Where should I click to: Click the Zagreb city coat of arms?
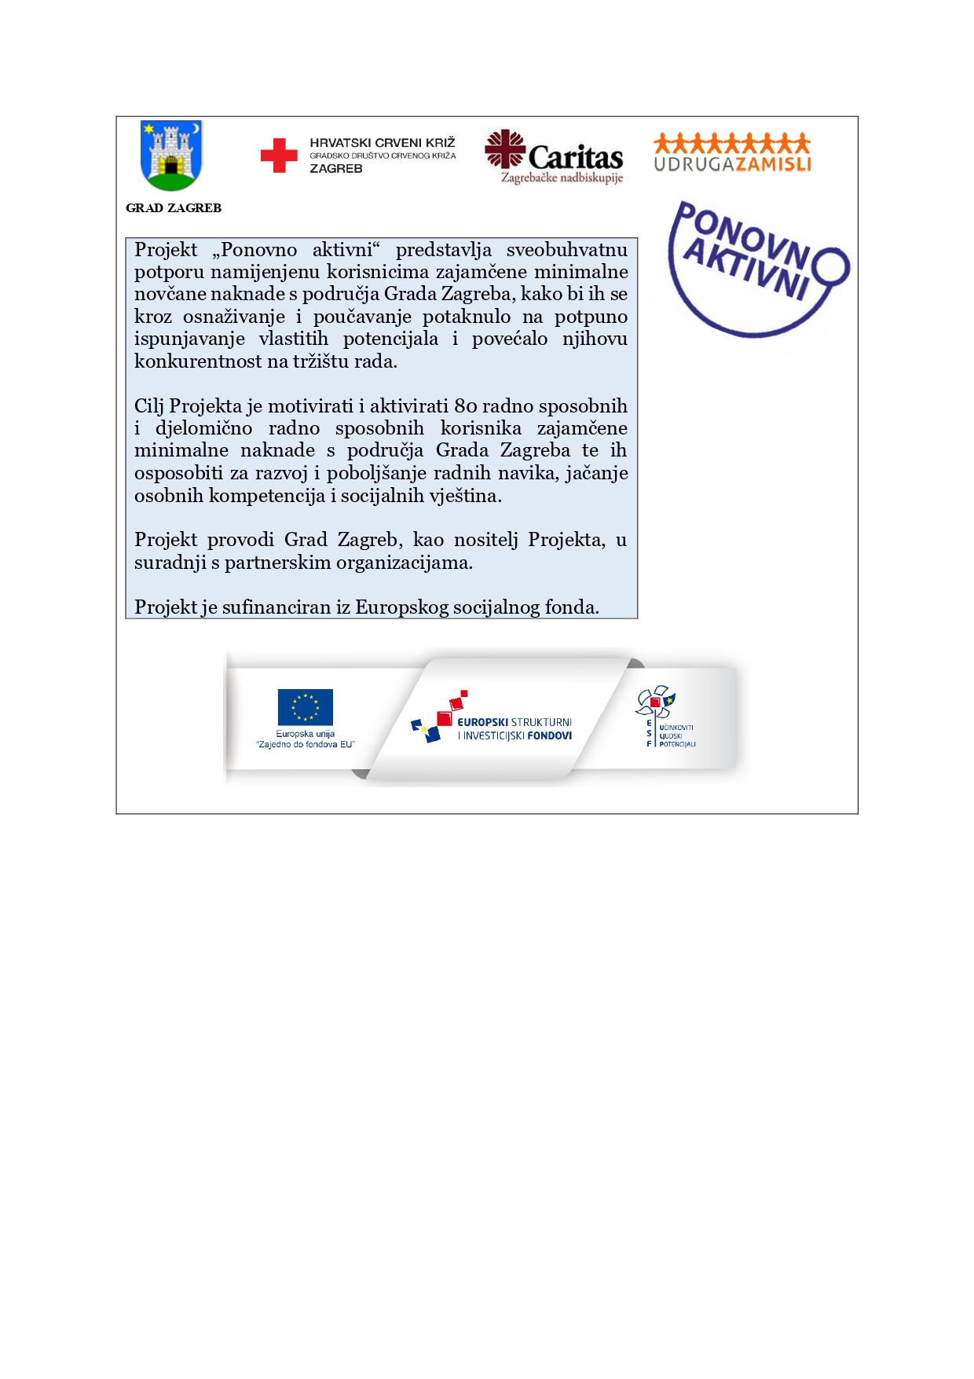pos(171,156)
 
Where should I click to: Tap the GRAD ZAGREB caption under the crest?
pos(174,208)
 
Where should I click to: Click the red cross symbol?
pos(279,156)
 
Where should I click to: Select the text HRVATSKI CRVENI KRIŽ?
pos(383,142)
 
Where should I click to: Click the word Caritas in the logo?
pos(576,157)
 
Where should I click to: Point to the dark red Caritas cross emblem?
pos(504,148)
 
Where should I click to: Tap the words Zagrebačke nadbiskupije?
pos(562,178)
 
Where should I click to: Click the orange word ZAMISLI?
pos(773,164)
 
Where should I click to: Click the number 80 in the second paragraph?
pos(466,406)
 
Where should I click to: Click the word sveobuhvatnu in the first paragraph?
pos(566,250)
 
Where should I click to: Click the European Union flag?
pos(305,707)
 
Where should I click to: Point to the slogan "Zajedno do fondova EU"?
pos(306,744)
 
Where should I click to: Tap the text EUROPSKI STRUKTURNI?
pos(514,722)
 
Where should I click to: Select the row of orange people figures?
pos(731,143)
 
